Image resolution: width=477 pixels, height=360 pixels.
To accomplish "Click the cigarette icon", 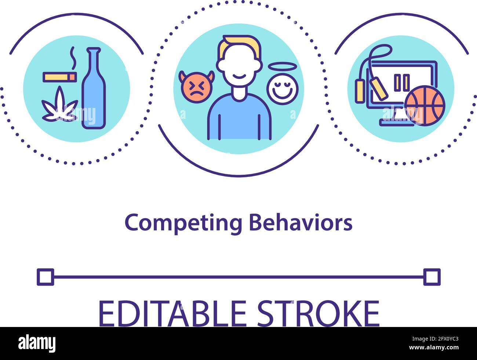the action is point(60,77).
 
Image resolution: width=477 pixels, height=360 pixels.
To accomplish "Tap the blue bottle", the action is point(94,88).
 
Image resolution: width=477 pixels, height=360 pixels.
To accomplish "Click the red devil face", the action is point(196,87).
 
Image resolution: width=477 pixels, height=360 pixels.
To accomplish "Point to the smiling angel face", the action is point(283,89).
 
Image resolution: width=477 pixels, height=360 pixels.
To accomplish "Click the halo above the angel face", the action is point(282,66).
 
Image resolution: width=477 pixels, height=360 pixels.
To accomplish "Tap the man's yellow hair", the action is point(239,47).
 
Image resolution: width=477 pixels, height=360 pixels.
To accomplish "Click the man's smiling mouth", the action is point(239,76).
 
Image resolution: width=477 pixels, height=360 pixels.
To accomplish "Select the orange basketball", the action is point(425,106).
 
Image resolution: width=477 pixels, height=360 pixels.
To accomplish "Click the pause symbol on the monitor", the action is point(402,83).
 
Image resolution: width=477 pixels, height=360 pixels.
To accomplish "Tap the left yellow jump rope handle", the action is point(360,91).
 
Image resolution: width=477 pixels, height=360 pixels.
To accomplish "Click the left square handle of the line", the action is point(45,277).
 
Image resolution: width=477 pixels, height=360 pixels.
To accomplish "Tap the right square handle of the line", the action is point(432,277).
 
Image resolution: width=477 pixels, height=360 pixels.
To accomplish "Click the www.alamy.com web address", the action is point(434,348).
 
